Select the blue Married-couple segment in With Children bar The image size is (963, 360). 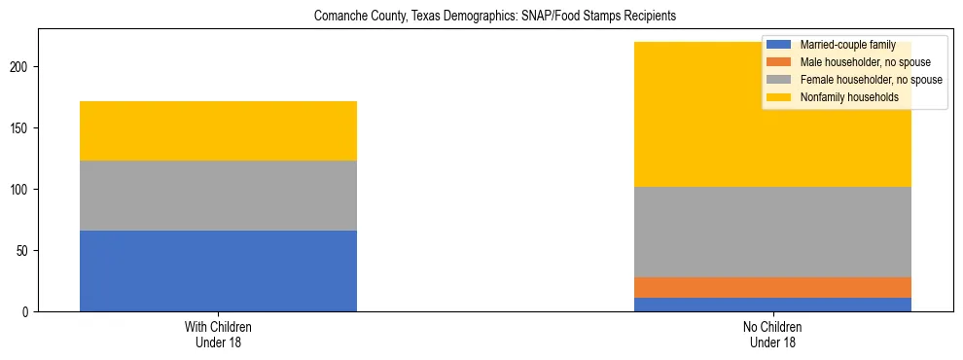click(218, 270)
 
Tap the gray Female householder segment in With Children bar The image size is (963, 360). click(218, 196)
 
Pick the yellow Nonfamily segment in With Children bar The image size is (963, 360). click(218, 130)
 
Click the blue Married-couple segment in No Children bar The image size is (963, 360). click(772, 305)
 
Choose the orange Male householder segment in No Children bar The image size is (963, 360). click(772, 287)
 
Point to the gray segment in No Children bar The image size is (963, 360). click(772, 232)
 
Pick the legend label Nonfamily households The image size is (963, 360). click(842, 97)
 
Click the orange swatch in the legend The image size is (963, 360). click(779, 62)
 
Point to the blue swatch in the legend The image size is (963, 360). click(779, 45)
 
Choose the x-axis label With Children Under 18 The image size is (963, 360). click(218, 335)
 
